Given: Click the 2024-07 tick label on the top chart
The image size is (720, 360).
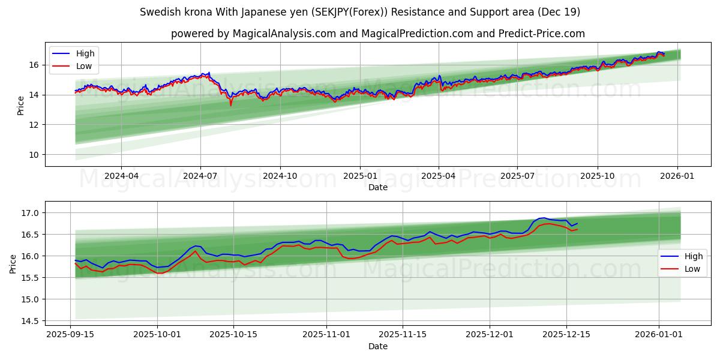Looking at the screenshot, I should coord(200,176).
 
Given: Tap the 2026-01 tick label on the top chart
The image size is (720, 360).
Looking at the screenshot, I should coord(677,176).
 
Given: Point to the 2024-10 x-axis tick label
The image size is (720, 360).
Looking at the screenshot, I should coord(280,176).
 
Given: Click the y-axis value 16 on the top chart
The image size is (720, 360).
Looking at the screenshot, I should coord(34,65).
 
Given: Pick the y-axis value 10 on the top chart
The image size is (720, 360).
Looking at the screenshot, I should coord(34,155).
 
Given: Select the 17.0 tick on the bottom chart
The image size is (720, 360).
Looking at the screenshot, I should coord(30,213).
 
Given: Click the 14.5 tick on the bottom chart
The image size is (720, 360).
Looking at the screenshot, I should coord(30,321).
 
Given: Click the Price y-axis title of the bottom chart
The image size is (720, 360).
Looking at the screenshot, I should coord(13,263).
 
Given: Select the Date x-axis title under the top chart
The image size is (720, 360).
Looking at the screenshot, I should coord(378,187).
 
